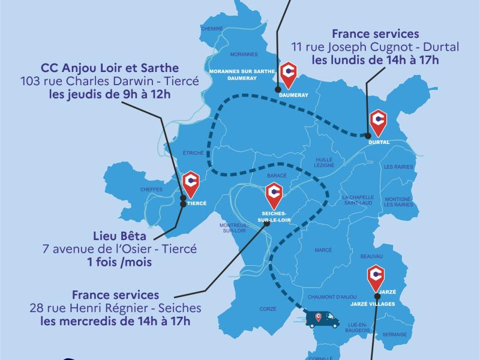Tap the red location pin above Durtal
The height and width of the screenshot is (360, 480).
pyautogui.click(x=379, y=121)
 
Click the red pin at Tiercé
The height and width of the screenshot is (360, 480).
pyautogui.click(x=191, y=183)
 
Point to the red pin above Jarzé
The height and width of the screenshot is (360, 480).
pyautogui.click(x=376, y=275)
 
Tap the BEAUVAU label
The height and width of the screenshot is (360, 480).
pyautogui.click(x=372, y=256)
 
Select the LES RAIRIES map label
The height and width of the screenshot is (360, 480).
pyautogui.click(x=398, y=166)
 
